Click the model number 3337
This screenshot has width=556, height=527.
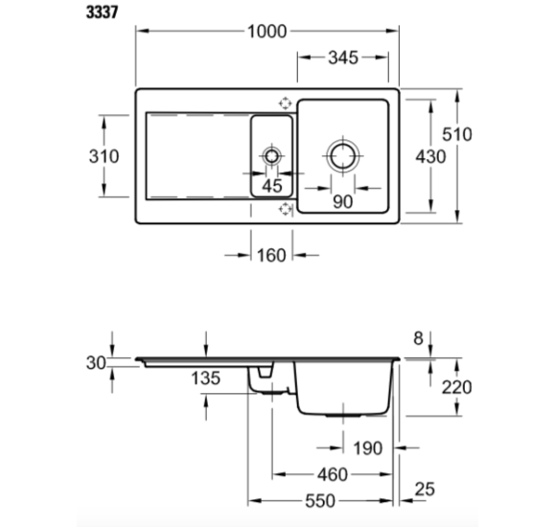tap(103, 12)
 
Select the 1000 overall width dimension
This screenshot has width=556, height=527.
tap(267, 32)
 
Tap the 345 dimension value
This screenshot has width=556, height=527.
tap(343, 57)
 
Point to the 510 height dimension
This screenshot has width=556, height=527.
tap(457, 134)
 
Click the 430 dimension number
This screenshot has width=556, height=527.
tap(430, 156)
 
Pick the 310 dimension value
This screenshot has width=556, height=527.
tap(104, 156)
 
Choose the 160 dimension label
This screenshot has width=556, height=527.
tap(271, 256)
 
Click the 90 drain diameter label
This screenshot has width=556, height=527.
tap(343, 202)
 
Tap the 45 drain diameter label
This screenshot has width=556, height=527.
tap(272, 186)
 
